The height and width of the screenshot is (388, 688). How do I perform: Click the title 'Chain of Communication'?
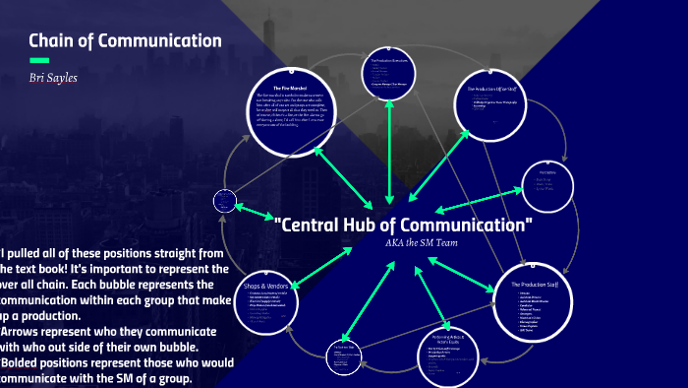125,41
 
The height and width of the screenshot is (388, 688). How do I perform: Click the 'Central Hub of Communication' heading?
404,225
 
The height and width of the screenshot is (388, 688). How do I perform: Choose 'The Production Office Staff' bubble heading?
498,89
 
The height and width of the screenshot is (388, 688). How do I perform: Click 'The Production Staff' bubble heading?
539,285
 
